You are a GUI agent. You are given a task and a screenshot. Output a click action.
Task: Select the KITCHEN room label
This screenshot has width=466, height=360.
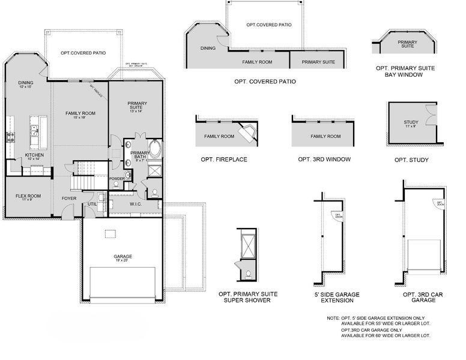coord(34,155)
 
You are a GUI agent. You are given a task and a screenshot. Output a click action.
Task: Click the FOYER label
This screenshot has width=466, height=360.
coord(69,198)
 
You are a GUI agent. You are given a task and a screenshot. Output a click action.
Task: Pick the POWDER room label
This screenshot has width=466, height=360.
coord(116,179)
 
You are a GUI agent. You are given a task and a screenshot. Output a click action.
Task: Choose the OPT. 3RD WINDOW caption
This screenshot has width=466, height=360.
coord(324,160)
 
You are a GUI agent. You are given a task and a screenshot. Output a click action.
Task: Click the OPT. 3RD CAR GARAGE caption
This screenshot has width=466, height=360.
coord(419,297)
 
